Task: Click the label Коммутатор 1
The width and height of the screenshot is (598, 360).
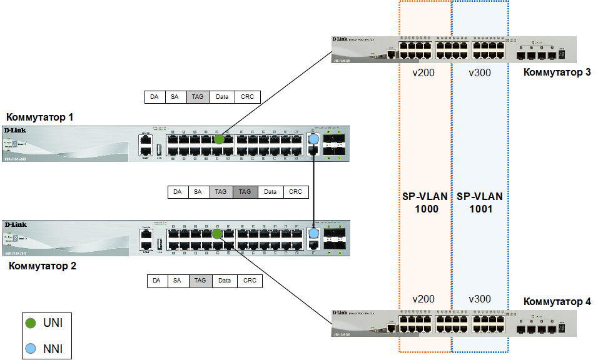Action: pyautogui.click(x=40, y=117)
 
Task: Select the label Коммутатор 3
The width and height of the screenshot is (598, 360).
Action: pyautogui.click(x=557, y=72)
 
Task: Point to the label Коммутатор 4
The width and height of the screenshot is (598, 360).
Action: pyautogui.click(x=557, y=301)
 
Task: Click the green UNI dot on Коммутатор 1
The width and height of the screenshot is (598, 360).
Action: pyautogui.click(x=219, y=139)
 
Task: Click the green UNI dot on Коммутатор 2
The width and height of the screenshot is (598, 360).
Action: pyautogui.click(x=216, y=234)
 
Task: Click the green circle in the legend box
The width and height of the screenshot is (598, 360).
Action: pyautogui.click(x=31, y=323)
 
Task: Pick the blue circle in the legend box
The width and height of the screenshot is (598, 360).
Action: pyautogui.click(x=31, y=349)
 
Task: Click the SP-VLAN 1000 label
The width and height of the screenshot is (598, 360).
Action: pyautogui.click(x=425, y=202)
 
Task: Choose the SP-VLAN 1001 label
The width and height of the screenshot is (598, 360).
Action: pyautogui.click(x=480, y=202)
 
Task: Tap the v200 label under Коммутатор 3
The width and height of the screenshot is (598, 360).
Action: pyautogui.click(x=423, y=72)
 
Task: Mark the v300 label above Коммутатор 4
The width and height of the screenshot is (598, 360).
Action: pyautogui.click(x=480, y=299)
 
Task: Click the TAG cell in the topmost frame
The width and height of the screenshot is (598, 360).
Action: pyautogui.click(x=198, y=97)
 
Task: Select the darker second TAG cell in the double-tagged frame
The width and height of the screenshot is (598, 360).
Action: pyautogui.click(x=245, y=192)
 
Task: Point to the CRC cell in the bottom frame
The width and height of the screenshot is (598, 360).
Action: pyautogui.click(x=250, y=281)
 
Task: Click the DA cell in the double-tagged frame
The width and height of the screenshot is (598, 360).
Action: pyautogui.click(x=178, y=192)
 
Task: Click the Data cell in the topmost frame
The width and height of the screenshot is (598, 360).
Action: pyautogui.click(x=222, y=97)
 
